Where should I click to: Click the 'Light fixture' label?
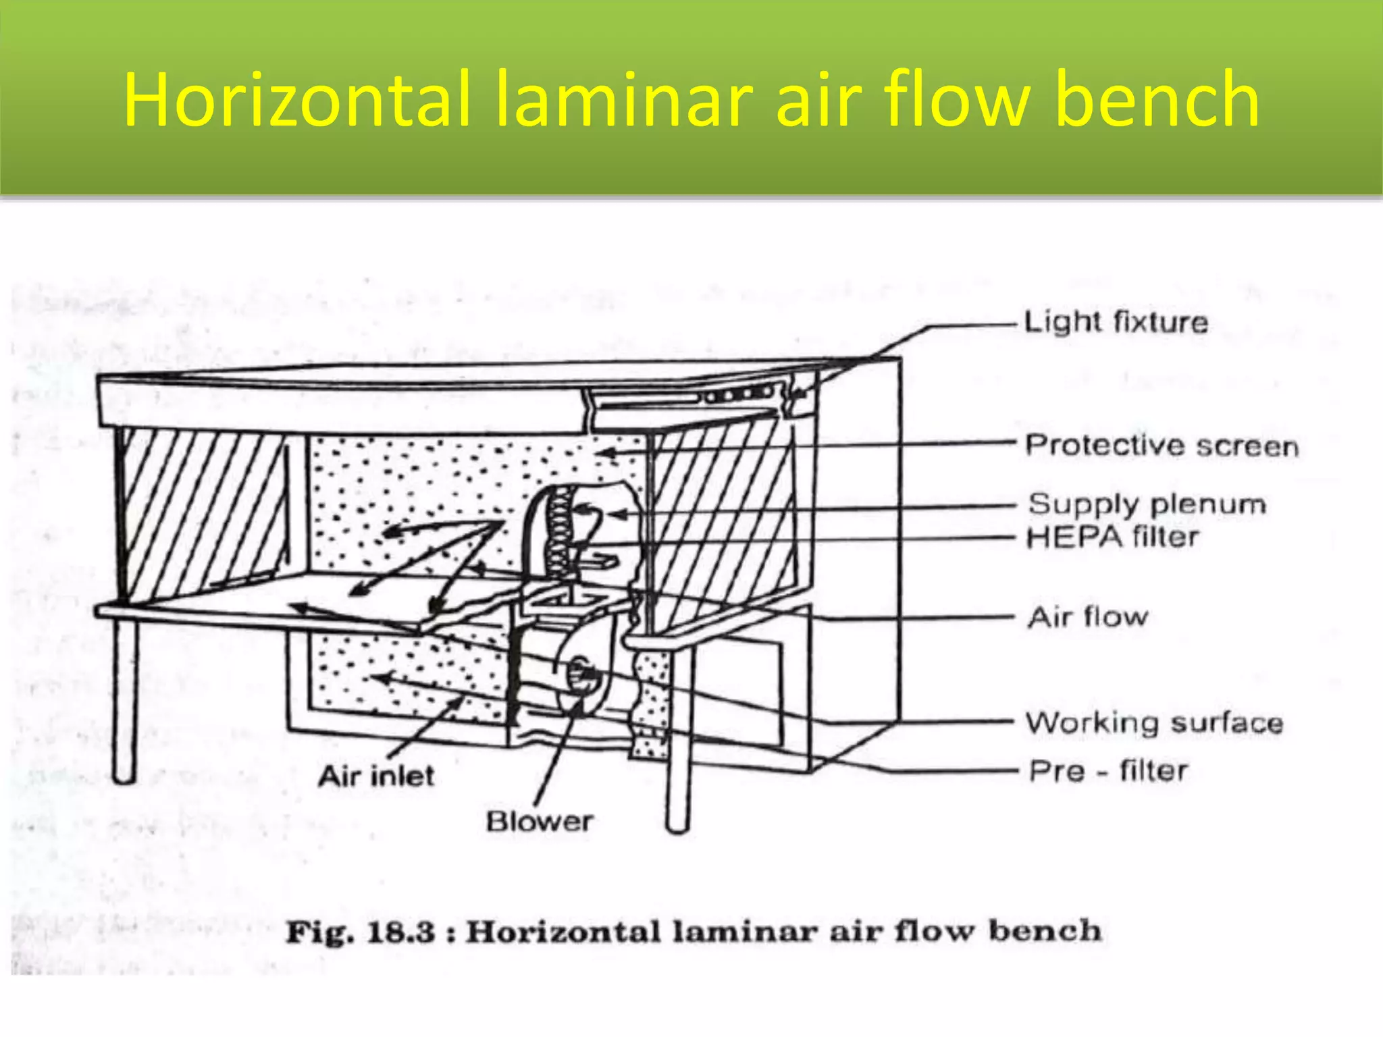(x=1116, y=321)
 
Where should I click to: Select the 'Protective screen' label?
(x=1162, y=446)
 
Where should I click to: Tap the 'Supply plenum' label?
(x=1147, y=504)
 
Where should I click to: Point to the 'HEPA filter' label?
(x=1113, y=537)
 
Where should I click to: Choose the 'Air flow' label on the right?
(x=1088, y=616)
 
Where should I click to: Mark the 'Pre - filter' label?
(x=1108, y=770)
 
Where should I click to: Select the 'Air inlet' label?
(x=376, y=776)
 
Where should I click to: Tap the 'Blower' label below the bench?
(x=540, y=821)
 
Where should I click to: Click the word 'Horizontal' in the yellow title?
(x=296, y=99)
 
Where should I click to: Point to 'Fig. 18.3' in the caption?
(x=361, y=932)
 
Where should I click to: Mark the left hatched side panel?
(x=203, y=513)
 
